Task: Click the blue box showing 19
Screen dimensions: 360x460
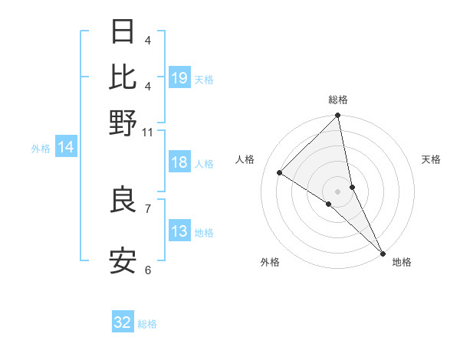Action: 179,77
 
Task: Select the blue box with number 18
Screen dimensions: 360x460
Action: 179,162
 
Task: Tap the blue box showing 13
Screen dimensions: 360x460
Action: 179,231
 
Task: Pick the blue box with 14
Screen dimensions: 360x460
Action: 66,148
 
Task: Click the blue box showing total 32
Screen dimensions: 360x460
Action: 123,322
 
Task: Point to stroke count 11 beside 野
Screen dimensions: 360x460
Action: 148,132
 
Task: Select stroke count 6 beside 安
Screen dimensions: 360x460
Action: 148,270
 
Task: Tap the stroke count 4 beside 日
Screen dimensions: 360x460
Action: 148,39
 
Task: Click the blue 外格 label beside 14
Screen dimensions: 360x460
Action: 41,149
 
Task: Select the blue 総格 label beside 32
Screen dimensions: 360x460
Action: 147,324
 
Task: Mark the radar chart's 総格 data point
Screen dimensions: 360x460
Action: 337,116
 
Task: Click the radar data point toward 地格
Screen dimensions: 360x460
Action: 382,251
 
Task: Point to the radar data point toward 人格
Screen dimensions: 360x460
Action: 280,172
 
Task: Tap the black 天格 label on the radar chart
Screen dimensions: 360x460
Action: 431,159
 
